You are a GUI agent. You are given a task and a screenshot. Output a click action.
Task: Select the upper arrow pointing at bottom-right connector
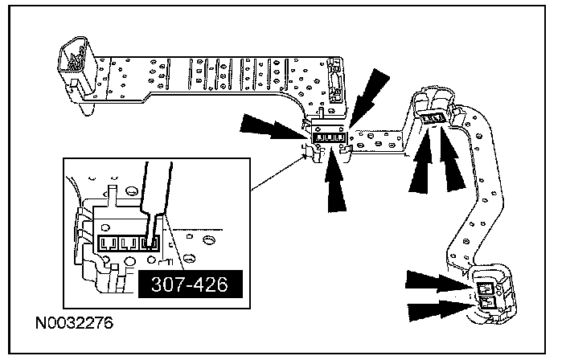[x=434, y=280]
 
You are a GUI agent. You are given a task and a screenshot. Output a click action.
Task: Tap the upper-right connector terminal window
[x=435, y=120]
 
